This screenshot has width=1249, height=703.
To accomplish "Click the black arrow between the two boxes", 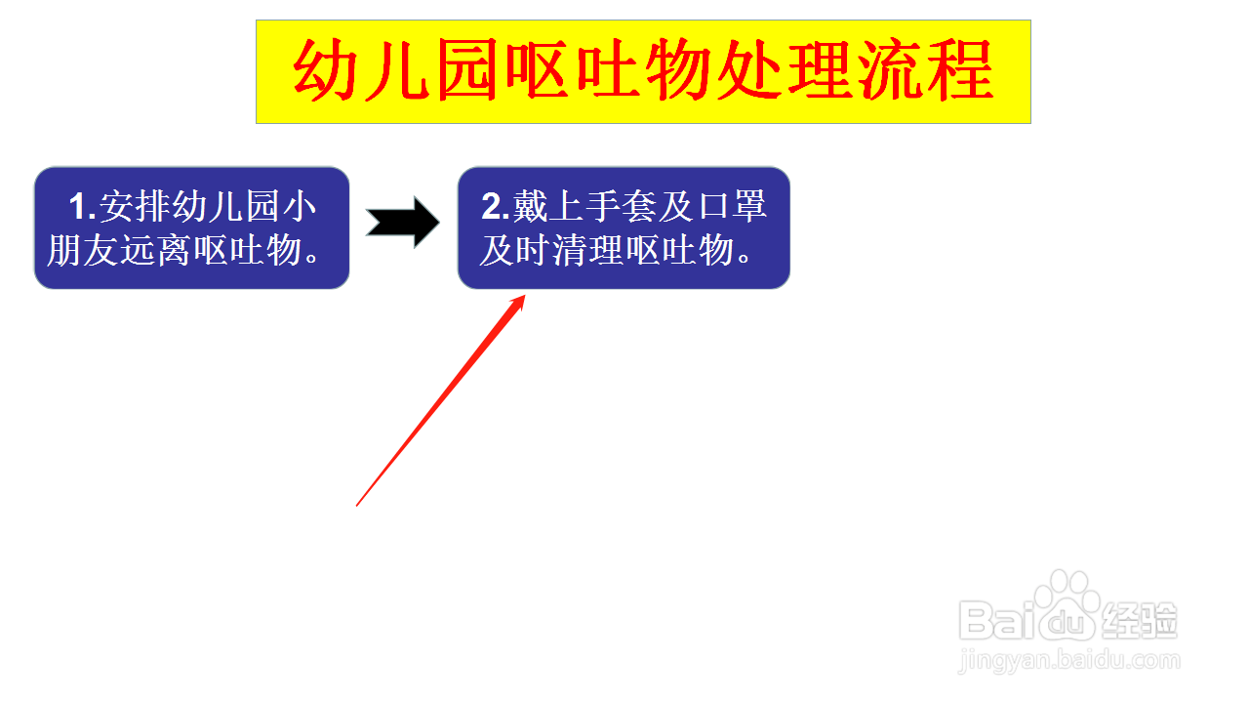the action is pos(403,222).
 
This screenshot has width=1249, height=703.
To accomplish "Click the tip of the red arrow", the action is pos(525,295).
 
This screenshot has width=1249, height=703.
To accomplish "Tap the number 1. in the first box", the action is pos(83,206).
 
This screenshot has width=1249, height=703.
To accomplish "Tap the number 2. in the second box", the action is pos(496,206).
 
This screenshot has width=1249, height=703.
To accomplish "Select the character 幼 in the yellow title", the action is pos(325,70).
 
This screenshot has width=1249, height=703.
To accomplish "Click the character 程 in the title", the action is pos(960,70).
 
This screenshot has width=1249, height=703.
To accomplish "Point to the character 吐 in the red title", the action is pos(608,70).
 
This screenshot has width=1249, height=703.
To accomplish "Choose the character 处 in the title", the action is pos(748,70).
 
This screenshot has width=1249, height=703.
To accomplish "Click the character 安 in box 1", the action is pos(117,206).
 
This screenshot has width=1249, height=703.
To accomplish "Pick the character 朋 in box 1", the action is pos(64,250).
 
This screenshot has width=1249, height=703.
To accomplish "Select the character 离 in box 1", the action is pos(174,250).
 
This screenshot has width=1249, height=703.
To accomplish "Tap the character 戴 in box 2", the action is pos(530,206).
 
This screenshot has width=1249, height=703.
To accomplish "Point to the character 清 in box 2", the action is pos(570,250).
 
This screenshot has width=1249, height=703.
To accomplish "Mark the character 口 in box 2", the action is pos(713,206).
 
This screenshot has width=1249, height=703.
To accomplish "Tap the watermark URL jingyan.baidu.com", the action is pos(1068,661).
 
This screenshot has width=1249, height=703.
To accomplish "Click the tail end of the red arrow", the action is pos(357,506).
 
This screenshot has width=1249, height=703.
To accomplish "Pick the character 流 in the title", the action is pos(890,70).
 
